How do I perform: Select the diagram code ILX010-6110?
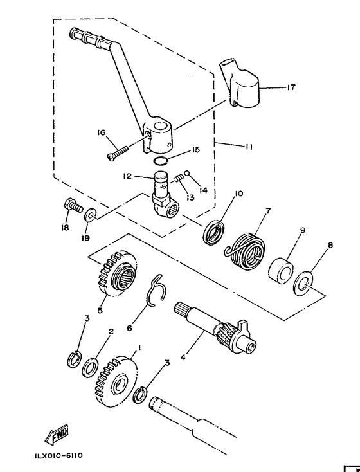(59, 455)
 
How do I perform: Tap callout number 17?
(291, 87)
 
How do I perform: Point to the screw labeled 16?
(118, 152)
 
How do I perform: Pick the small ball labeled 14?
(186, 173)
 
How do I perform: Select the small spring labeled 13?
(178, 179)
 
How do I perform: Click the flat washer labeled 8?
(303, 283)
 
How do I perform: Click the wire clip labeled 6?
(157, 291)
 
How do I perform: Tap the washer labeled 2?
(90, 368)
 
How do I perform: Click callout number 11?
(249, 147)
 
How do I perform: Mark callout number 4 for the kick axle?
(183, 358)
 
